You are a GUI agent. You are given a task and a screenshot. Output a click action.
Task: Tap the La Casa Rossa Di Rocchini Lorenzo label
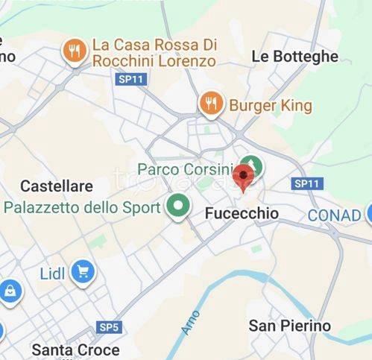pyautogui.click(x=154, y=53)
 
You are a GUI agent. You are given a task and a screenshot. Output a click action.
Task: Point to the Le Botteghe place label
pyautogui.click(x=294, y=56)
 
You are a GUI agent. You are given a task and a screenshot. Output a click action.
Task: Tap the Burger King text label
pyautogui.click(x=270, y=105)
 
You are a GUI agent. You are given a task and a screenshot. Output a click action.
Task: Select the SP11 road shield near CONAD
pyautogui.click(x=306, y=183)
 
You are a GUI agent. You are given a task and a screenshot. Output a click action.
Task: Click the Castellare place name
pyautogui.click(x=57, y=186)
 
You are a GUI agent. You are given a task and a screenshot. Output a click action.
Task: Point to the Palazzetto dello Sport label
pyautogui.click(x=82, y=206)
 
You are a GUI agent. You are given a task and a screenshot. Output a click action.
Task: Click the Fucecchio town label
pyautogui.click(x=241, y=214)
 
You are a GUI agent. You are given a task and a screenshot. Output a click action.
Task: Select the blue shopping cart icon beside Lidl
pyautogui.click(x=83, y=273)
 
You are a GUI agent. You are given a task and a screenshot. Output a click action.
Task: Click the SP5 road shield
pyautogui.click(x=109, y=327)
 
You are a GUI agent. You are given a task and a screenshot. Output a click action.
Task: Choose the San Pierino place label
pyautogui.click(x=289, y=326)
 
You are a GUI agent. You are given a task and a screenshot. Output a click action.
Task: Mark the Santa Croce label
pyautogui.click(x=75, y=350)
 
